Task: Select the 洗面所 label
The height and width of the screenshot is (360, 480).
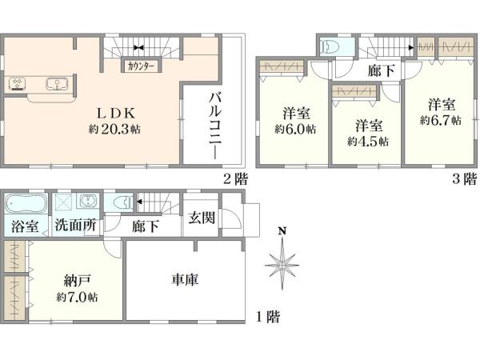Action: (76, 226)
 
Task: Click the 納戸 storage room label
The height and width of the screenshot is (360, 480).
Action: (77, 281)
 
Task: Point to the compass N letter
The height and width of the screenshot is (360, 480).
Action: (282, 232)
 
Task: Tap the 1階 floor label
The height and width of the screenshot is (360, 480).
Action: (267, 318)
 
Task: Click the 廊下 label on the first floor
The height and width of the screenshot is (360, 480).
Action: (146, 226)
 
